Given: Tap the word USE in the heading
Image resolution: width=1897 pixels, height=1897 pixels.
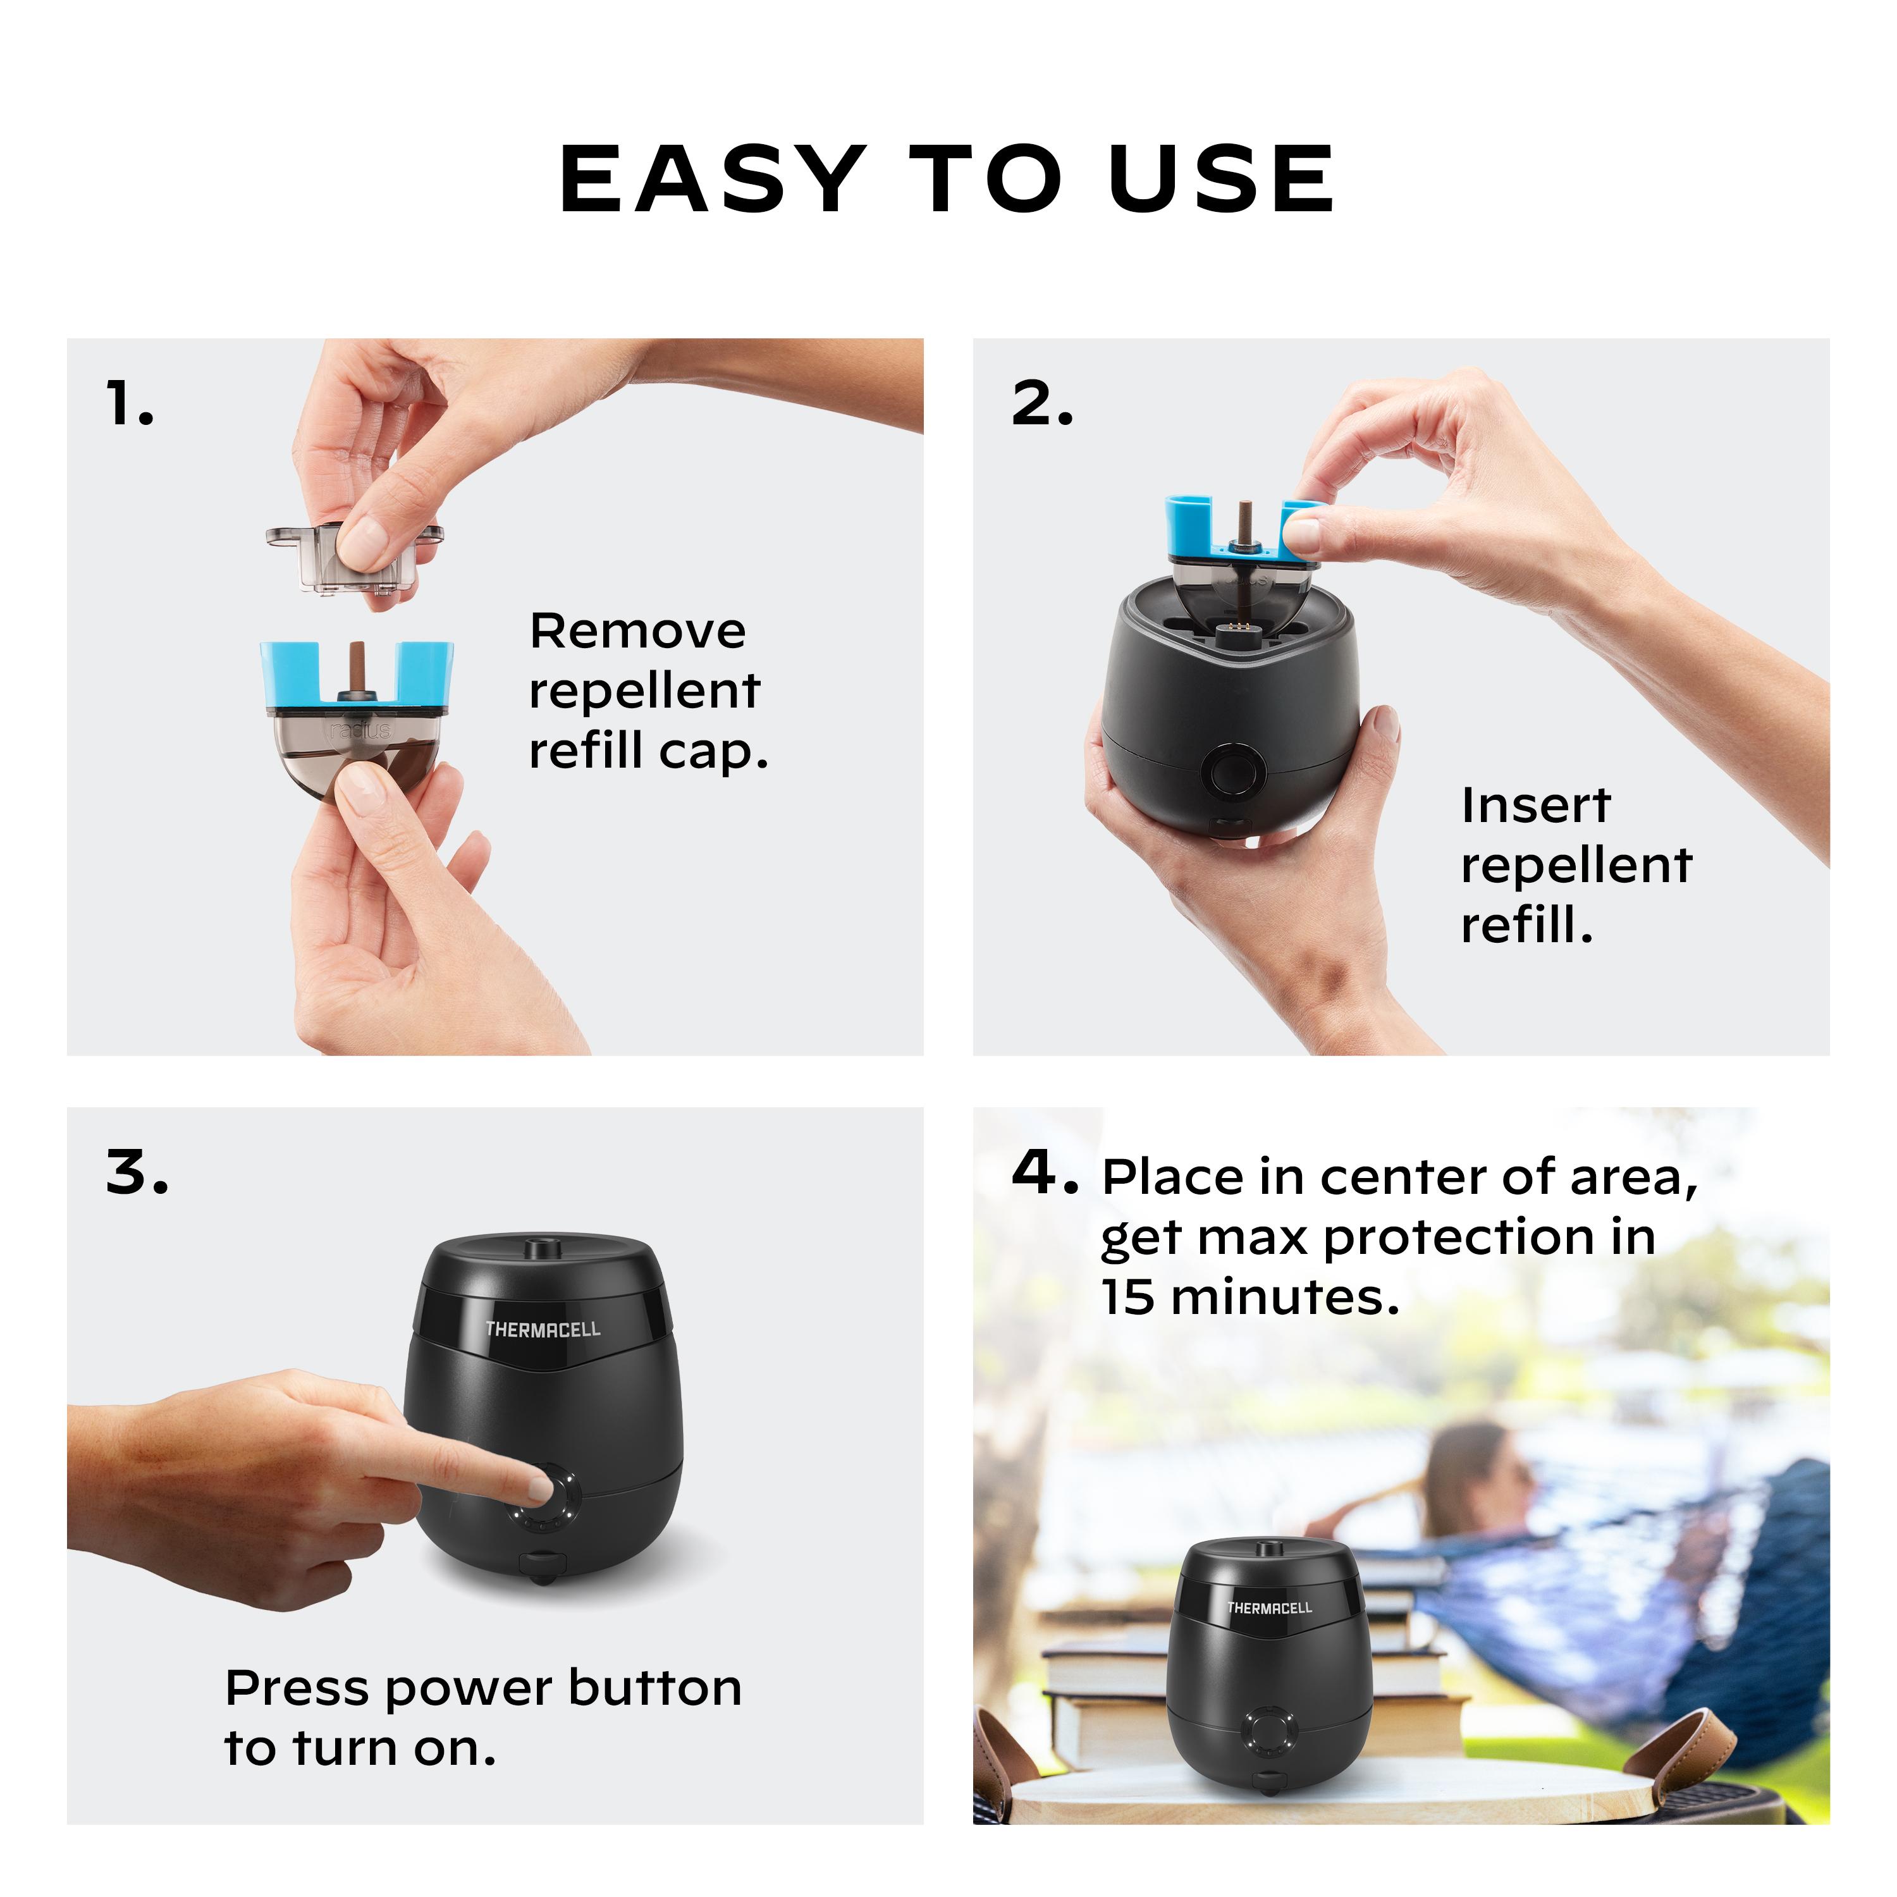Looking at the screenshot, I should pyautogui.click(x=1220, y=179).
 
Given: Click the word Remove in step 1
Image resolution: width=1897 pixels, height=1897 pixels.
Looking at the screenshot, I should pyautogui.click(x=637, y=631).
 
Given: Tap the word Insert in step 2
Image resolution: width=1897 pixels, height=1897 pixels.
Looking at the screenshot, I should pyautogui.click(x=1535, y=806).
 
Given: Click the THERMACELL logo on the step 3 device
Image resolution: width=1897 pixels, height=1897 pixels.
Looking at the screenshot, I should pyautogui.click(x=542, y=1329).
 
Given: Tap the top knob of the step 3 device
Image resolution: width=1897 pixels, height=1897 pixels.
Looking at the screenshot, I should pyautogui.click(x=538, y=1249).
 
